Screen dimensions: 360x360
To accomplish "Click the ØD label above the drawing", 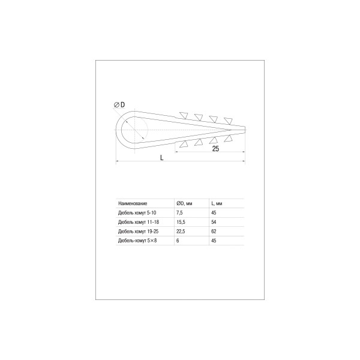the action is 119,104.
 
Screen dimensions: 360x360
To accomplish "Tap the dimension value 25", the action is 215,149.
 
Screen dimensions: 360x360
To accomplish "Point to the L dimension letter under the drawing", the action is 162,157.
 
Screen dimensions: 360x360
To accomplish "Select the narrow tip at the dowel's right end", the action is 238,130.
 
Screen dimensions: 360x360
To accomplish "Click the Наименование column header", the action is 133,203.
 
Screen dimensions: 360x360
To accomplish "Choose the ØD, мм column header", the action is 184,203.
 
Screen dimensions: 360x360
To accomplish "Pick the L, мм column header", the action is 217,203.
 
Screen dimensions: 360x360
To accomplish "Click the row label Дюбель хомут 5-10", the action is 137,213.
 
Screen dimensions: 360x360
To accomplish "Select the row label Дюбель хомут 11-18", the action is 139,222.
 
